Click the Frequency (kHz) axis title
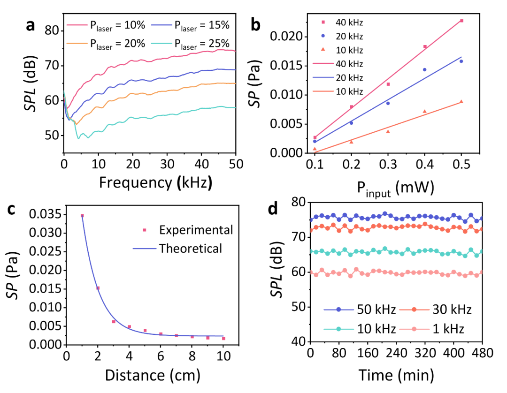coord(155,182)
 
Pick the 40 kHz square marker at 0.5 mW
coord(461,21)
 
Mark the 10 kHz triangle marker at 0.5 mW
coord(461,101)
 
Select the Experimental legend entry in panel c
coord(188,230)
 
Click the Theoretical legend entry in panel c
coord(183,248)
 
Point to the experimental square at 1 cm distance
coord(82,216)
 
